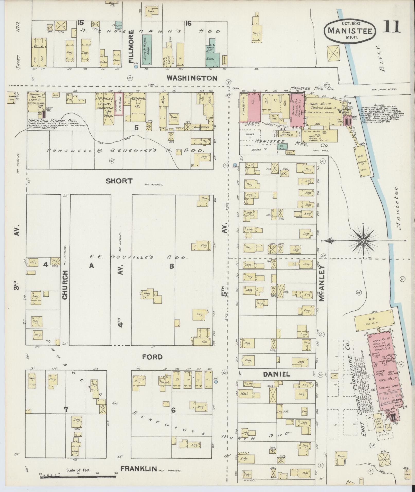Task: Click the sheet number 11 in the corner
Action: tap(391, 27)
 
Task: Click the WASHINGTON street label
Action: tap(192, 78)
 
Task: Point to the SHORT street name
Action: tap(119, 181)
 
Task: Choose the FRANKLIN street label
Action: tap(139, 469)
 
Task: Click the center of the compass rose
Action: tap(363, 240)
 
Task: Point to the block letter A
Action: tap(91, 266)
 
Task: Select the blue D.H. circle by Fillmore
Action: tap(136, 67)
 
